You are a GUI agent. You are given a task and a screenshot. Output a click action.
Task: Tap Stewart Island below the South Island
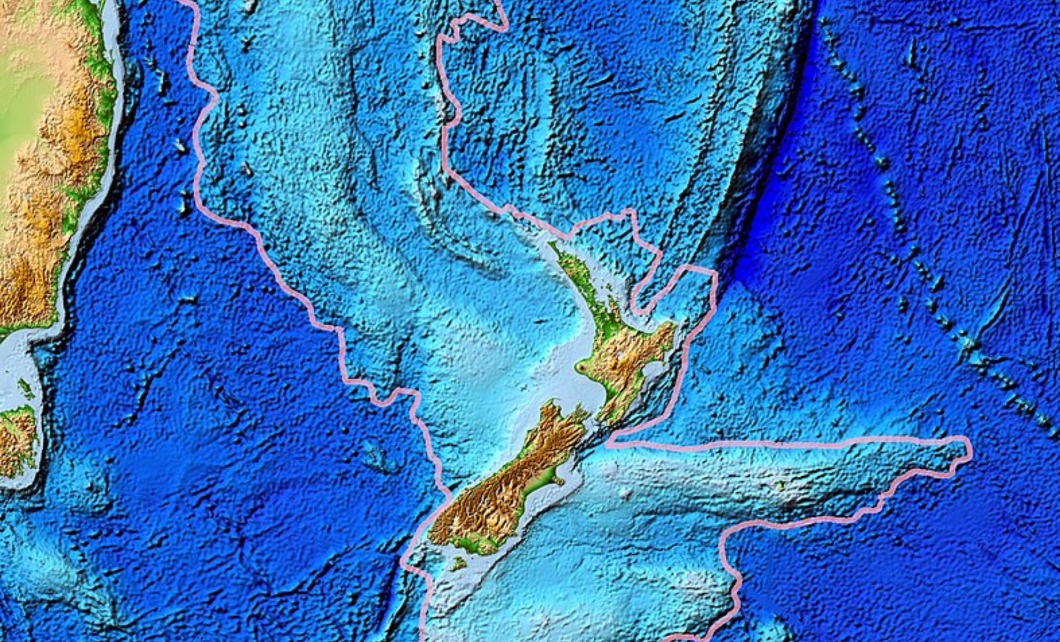click(458, 563)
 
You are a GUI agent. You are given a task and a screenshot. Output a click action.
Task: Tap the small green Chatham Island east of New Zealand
click(781, 485)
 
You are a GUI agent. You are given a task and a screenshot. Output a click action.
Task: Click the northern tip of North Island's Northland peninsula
click(551, 244)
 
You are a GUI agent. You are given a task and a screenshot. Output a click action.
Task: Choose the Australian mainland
click(43, 160)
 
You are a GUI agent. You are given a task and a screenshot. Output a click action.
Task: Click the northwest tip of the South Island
click(549, 404)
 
